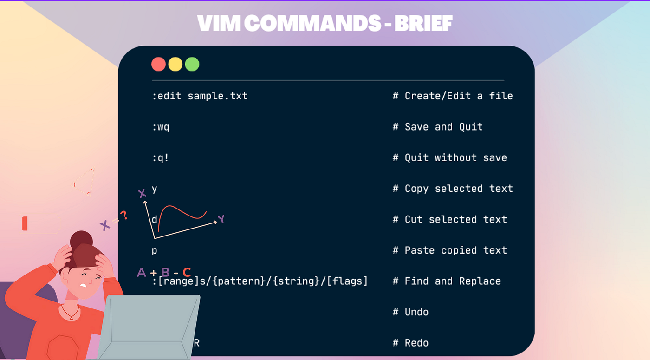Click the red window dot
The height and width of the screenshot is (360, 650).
pyautogui.click(x=158, y=64)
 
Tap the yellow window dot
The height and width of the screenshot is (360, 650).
pyautogui.click(x=175, y=64)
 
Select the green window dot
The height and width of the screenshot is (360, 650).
pyautogui.click(x=192, y=64)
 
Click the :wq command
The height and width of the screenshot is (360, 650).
pyautogui.click(x=161, y=127)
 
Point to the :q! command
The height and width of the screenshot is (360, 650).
pyautogui.click(x=161, y=158)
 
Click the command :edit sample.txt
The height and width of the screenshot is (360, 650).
pyautogui.click(x=200, y=96)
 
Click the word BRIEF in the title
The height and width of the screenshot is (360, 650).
pyautogui.click(x=423, y=23)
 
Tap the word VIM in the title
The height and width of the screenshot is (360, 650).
pyautogui.click(x=217, y=23)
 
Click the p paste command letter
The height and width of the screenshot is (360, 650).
pyautogui.click(x=155, y=251)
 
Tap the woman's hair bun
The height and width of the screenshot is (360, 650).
pyautogui.click(x=81, y=239)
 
